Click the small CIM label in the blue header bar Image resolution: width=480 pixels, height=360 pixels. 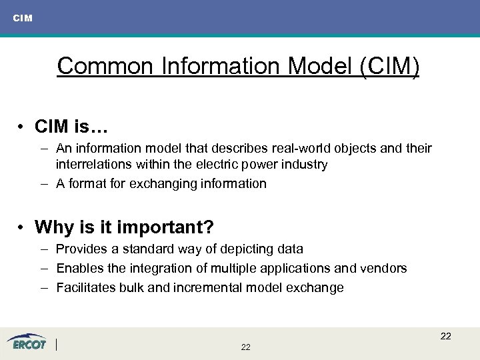[22, 18]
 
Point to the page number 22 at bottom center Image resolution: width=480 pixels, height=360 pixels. [245, 347]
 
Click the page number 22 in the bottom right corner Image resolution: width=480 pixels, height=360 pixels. [445, 336]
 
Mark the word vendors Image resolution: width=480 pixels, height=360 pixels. [385, 268]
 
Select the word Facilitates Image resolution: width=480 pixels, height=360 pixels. [85, 287]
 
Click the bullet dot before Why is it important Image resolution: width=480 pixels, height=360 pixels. [22, 228]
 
